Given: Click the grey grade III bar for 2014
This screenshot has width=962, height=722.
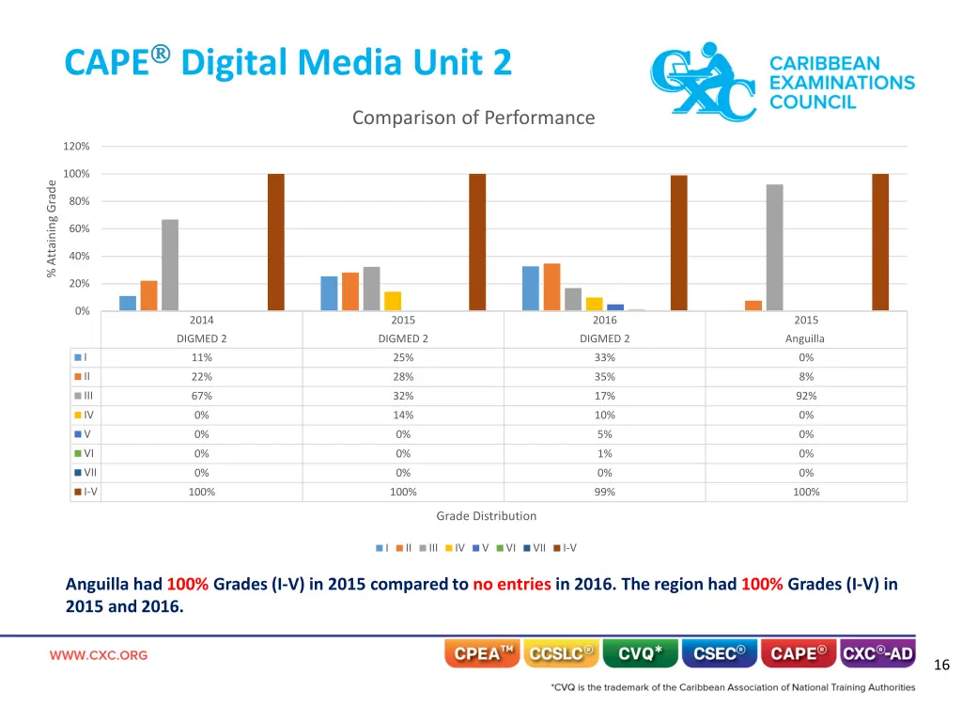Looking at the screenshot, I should [x=170, y=265].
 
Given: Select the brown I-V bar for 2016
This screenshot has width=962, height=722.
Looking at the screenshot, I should [x=679, y=243].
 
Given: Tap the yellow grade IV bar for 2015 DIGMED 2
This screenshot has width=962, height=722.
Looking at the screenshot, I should [x=393, y=301].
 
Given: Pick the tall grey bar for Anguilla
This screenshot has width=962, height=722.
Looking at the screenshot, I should [x=775, y=247].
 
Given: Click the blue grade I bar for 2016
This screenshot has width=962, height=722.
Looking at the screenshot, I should [x=531, y=289].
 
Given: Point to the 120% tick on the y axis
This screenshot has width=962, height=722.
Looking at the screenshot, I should [x=76, y=147].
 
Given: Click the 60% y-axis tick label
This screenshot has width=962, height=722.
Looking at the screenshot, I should [x=76, y=229].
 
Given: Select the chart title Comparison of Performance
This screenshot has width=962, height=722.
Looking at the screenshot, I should [x=473, y=118].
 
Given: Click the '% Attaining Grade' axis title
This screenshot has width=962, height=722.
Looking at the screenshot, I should [x=52, y=228].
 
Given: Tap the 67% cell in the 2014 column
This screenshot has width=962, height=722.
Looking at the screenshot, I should [x=202, y=396].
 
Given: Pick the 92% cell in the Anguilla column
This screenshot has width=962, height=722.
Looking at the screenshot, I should [x=806, y=396].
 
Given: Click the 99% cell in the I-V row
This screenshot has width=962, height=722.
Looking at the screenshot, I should [x=605, y=492].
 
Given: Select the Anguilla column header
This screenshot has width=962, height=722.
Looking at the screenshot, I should [x=806, y=338].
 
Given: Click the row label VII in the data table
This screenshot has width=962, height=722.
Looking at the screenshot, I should [x=89, y=473].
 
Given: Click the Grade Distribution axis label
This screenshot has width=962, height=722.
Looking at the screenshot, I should [x=487, y=516].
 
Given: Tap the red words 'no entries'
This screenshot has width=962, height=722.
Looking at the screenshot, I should [x=512, y=584].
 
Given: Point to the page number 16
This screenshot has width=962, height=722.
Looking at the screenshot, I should [x=942, y=666].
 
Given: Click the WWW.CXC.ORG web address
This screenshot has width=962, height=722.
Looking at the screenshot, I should [x=99, y=655].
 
